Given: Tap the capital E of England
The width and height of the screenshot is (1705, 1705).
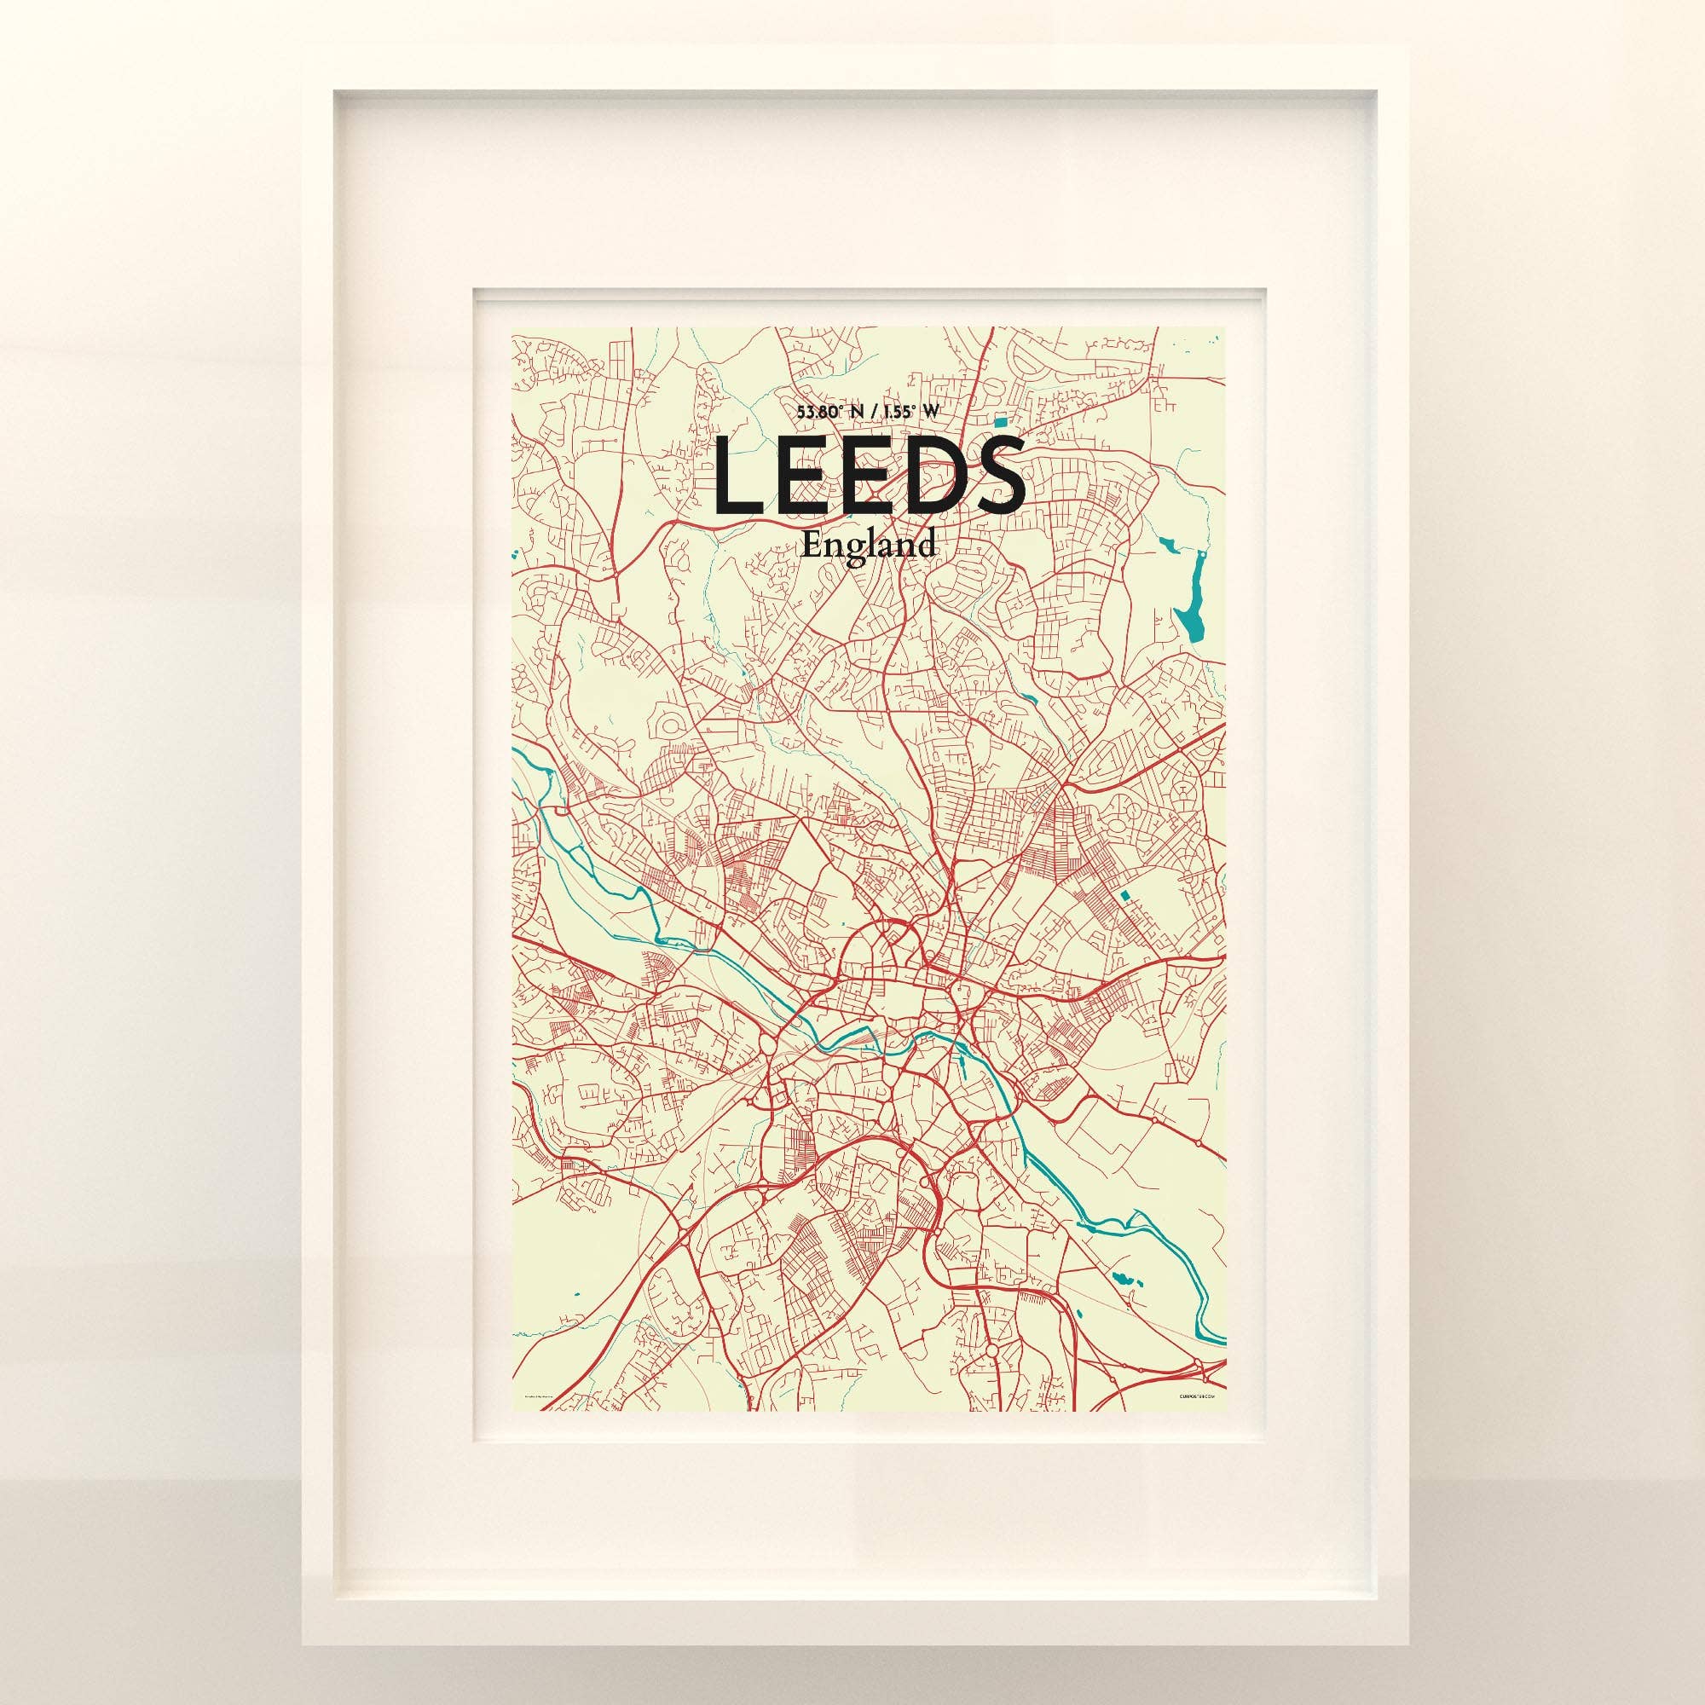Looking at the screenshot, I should click(x=811, y=545).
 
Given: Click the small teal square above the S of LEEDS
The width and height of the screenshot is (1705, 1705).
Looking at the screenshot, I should click(x=999, y=423).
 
